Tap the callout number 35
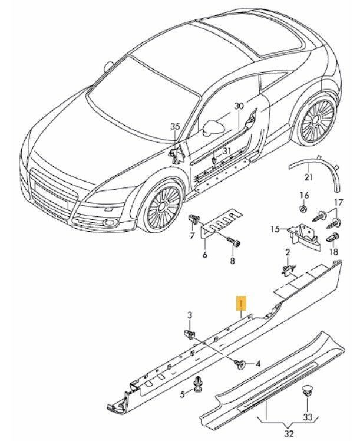coord(174,126)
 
